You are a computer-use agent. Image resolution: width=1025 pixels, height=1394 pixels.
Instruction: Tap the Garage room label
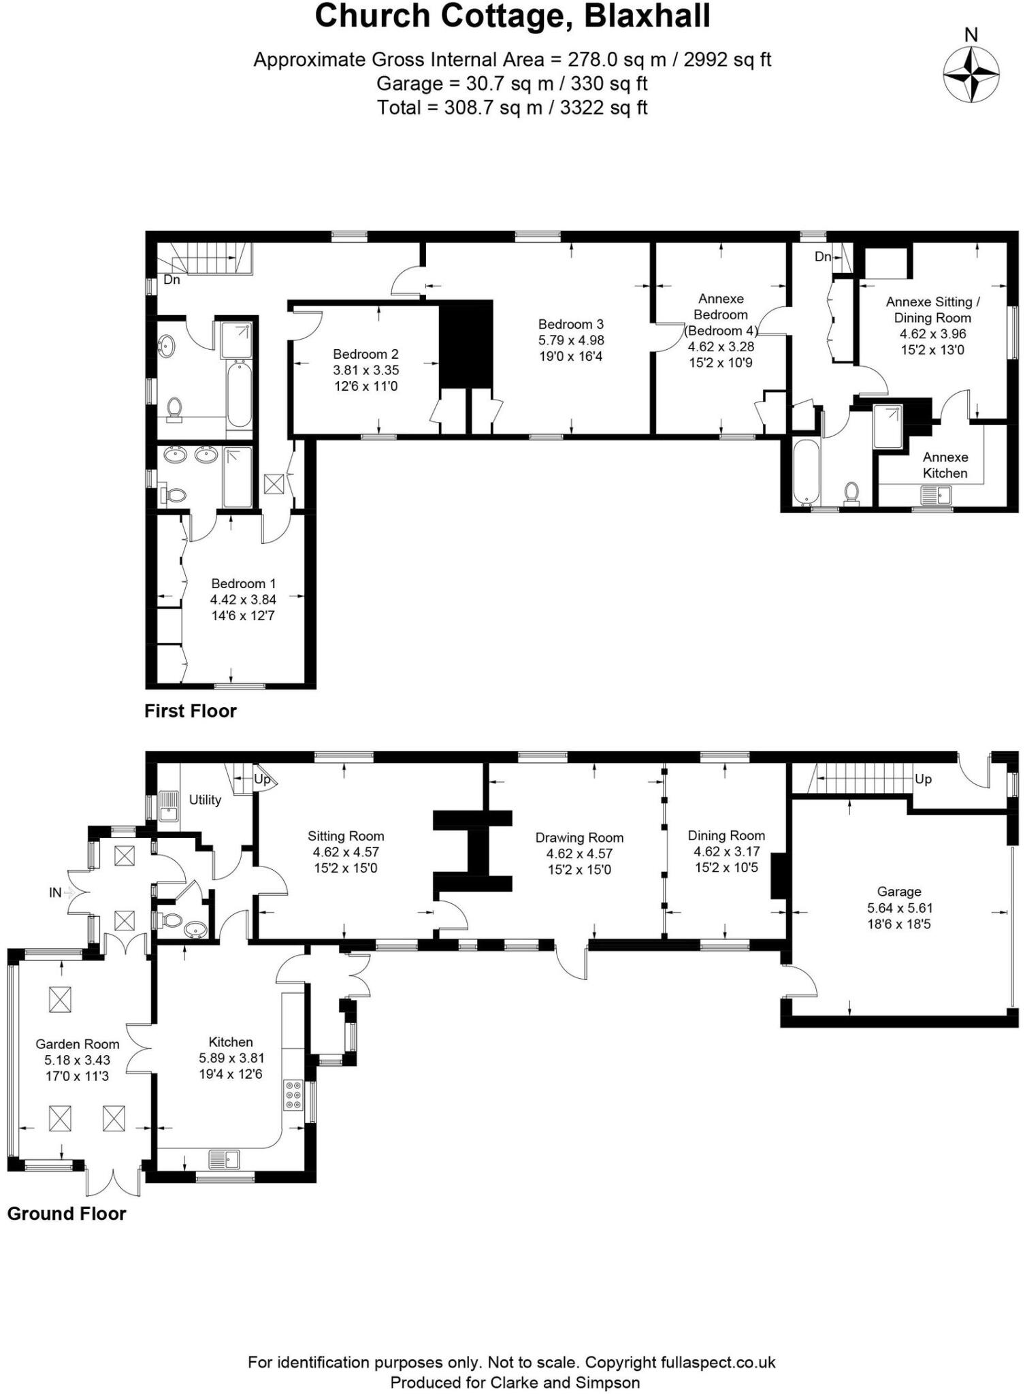[x=899, y=891]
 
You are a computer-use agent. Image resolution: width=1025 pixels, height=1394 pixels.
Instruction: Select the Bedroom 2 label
[x=365, y=354]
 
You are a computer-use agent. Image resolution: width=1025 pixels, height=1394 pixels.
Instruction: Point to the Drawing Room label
[x=579, y=837]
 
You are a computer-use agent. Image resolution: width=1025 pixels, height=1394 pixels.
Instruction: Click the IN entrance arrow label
[x=56, y=892]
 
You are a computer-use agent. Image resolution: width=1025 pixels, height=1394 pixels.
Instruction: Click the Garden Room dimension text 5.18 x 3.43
[x=77, y=1060]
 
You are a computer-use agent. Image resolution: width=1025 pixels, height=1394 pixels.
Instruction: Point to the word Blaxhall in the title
[x=647, y=16]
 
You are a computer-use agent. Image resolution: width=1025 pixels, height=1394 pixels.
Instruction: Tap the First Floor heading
[x=191, y=711]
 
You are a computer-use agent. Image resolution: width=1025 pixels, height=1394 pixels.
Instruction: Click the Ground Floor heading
[x=67, y=1214]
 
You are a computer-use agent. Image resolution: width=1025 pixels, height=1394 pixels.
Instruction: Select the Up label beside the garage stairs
[x=923, y=779]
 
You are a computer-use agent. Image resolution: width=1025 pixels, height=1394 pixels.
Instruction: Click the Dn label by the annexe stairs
[x=823, y=257]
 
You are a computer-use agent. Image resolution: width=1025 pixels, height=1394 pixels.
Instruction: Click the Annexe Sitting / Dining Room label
[x=932, y=310]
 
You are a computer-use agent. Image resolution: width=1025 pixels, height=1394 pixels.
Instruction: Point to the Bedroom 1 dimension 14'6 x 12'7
[x=243, y=616]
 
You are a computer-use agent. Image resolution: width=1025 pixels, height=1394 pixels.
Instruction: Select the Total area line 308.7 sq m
[x=512, y=108]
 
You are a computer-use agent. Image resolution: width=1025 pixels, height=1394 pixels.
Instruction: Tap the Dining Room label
[x=726, y=835]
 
